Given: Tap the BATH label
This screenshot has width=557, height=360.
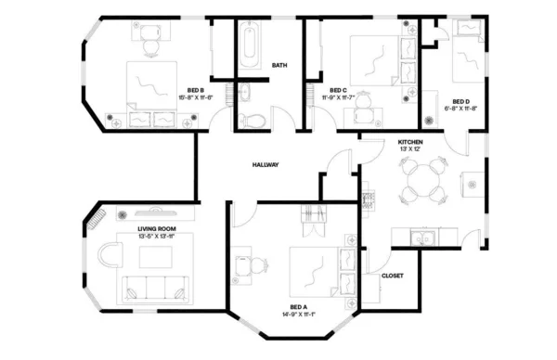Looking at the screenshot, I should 278,66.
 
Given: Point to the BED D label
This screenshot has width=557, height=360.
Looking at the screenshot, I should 460,101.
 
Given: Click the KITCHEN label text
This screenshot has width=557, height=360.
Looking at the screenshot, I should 410,142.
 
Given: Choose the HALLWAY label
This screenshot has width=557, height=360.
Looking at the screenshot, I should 266,164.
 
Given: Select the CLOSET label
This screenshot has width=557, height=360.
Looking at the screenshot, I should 392,276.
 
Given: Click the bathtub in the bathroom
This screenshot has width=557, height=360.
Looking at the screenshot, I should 251,45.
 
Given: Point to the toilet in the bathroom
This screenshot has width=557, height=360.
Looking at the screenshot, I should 252,118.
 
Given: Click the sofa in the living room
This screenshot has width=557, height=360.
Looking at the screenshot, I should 151,285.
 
